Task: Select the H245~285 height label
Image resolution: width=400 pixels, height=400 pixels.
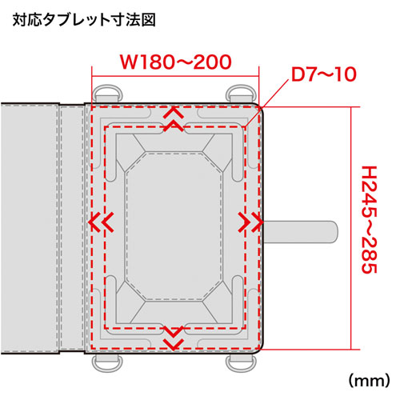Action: coord(369,220)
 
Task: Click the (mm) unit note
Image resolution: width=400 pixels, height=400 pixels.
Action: coord(366,375)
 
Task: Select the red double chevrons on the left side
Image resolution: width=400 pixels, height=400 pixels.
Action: coord(100,221)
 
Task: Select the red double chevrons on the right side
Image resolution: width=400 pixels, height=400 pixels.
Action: coord(246,221)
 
